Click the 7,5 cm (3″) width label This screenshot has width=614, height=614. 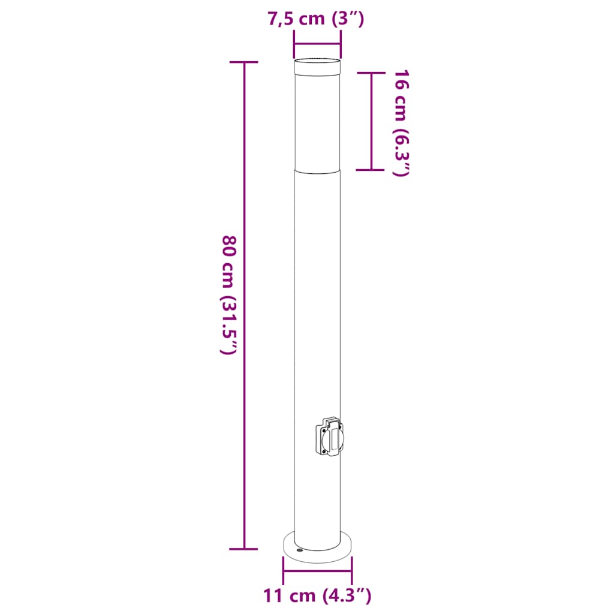click(x=316, y=19)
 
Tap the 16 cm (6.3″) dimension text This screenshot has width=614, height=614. click(x=401, y=124)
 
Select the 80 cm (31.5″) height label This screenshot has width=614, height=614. click(x=229, y=295)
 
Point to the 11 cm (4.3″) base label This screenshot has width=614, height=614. click(x=317, y=595)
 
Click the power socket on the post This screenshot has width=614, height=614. click(x=329, y=437)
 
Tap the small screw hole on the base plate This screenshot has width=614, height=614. click(x=300, y=550)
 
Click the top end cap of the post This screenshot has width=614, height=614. click(x=317, y=67)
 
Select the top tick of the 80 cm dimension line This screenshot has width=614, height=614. click(x=243, y=62)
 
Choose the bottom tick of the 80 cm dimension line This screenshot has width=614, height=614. click(x=243, y=549)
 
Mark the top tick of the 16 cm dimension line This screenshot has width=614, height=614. click(x=371, y=73)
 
